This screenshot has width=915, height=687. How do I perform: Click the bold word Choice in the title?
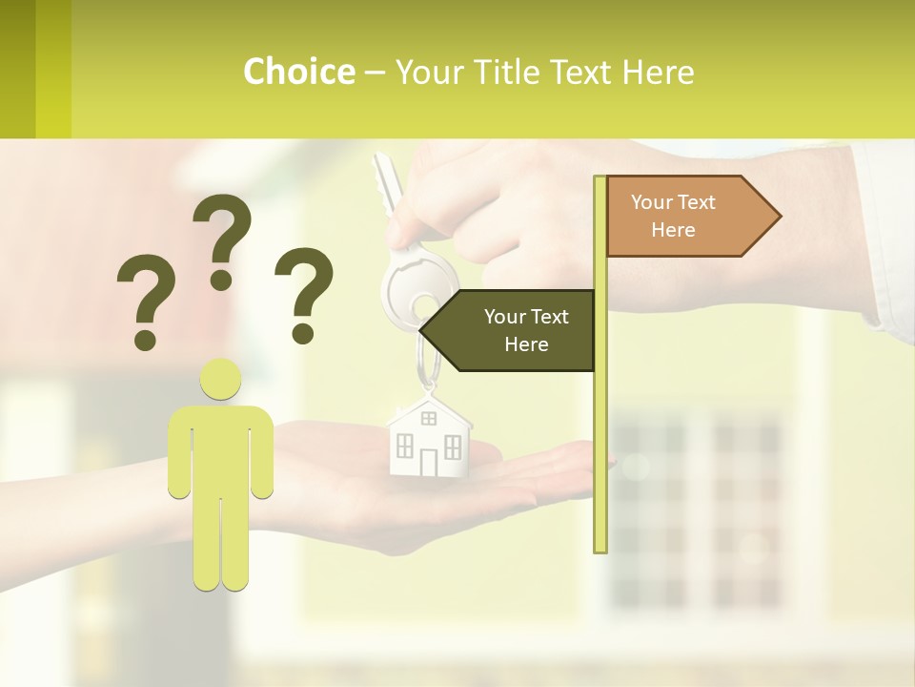pos(298,72)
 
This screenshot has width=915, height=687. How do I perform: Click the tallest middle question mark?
pos(222,239)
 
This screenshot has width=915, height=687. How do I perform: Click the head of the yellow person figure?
pos(221,379)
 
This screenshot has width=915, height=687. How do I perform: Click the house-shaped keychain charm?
pos(429,438)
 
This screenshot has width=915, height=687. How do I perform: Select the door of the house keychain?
pos(428,463)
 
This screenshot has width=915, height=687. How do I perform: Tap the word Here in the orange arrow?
pos(673,230)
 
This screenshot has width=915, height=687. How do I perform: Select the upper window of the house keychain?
pos(428,418)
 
